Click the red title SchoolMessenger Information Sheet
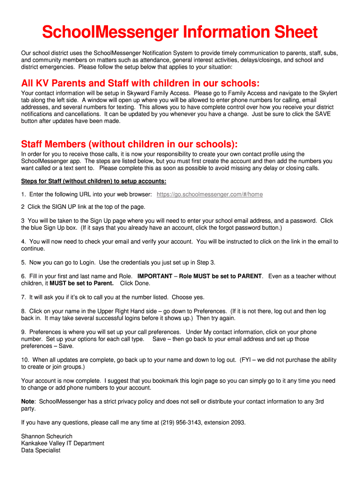[180, 32]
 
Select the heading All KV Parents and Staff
[140, 83]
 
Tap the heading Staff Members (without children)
[130, 144]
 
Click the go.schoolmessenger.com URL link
[209, 195]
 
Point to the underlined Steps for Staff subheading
[94, 181]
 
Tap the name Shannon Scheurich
[47, 436]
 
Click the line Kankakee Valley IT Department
[63, 443]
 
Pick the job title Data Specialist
[41, 450]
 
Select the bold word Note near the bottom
[28, 401]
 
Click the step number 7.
[23, 297]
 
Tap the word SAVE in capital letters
[323, 114]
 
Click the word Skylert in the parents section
[326, 93]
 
